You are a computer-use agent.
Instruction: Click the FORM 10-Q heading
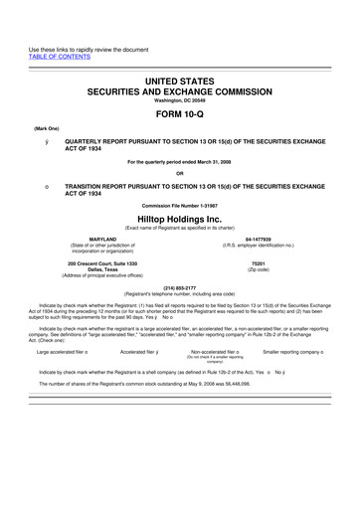(x=180, y=111)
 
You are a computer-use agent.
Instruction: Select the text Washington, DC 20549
(x=180, y=99)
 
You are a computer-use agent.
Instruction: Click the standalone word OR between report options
(x=180, y=174)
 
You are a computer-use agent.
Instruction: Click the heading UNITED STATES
(x=180, y=78)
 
